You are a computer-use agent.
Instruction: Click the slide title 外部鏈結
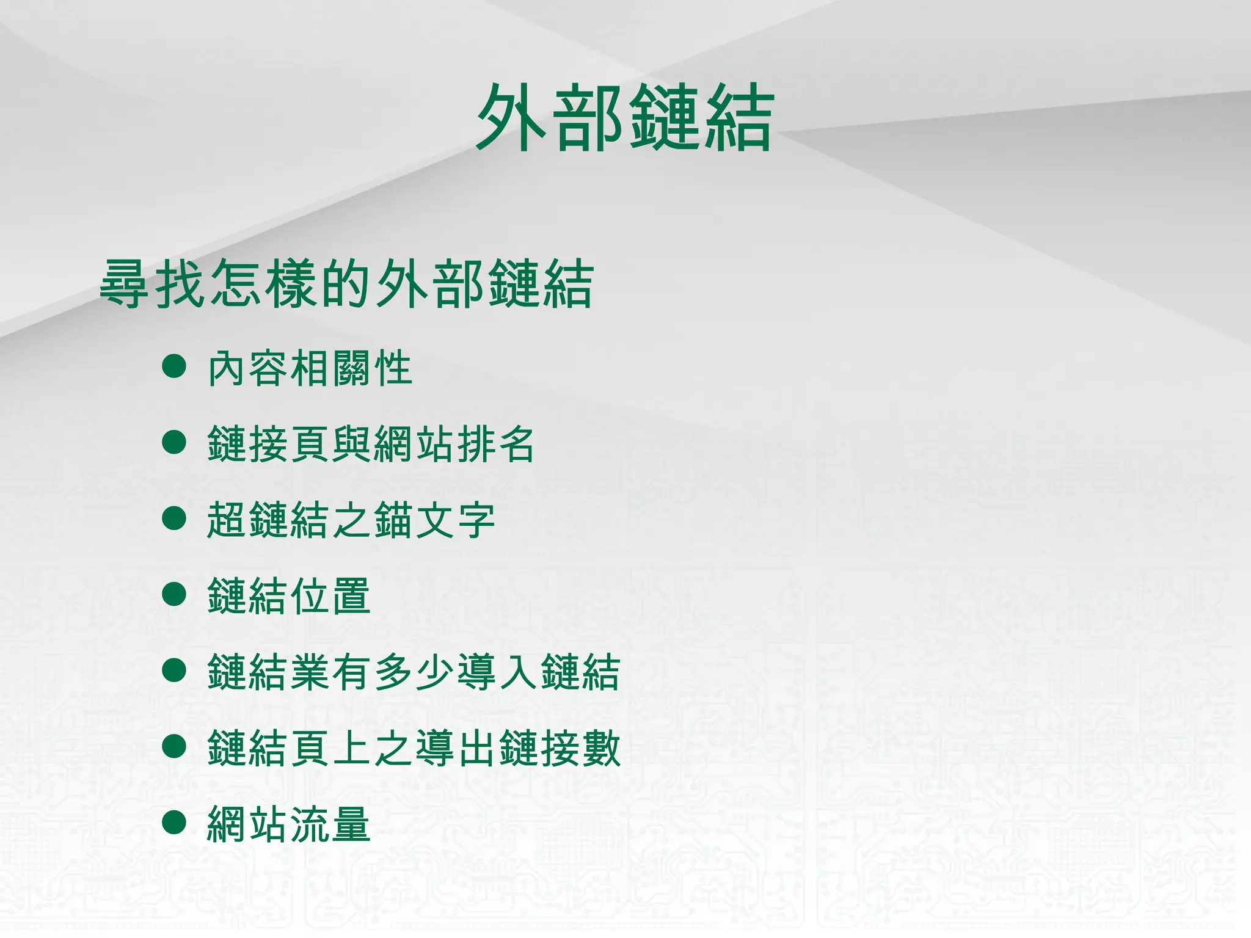(x=625, y=117)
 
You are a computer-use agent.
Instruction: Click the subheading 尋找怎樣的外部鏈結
(x=346, y=284)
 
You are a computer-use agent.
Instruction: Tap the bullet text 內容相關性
(x=310, y=368)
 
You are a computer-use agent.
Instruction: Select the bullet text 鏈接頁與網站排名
(x=371, y=444)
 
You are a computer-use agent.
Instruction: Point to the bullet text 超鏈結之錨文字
(x=351, y=520)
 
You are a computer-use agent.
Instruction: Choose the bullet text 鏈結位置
(x=289, y=596)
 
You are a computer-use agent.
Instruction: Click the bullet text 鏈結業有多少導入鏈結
(x=414, y=672)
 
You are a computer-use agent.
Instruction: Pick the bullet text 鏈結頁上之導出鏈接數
(x=414, y=748)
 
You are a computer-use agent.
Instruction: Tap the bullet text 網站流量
(x=289, y=824)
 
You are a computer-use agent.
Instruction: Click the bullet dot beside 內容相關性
(x=174, y=366)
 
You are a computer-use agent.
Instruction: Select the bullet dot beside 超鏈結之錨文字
(x=174, y=518)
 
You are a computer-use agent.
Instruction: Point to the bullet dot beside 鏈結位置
(x=174, y=594)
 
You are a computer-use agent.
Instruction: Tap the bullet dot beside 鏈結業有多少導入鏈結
(x=174, y=670)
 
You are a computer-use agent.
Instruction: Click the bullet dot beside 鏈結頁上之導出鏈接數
(x=174, y=746)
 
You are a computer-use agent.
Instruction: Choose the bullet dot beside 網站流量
(x=174, y=822)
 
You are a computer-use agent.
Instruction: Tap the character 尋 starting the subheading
(x=125, y=284)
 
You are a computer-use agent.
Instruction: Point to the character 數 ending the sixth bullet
(x=600, y=748)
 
